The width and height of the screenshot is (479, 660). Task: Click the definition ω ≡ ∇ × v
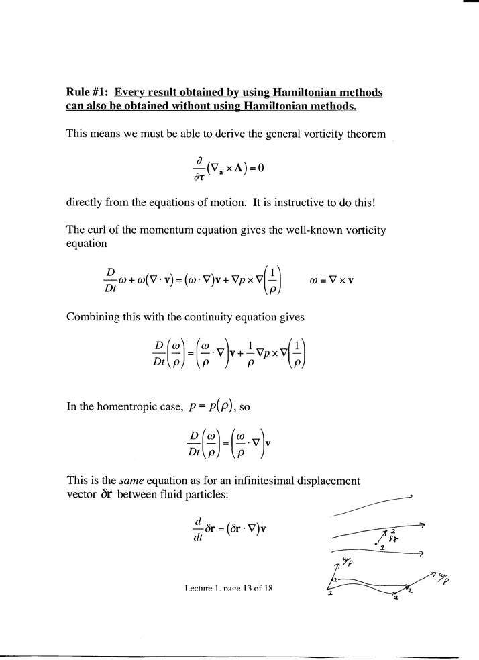[x=331, y=279]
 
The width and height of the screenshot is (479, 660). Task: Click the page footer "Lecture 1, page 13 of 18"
[x=228, y=589]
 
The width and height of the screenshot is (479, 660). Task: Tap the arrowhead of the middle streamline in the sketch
[x=421, y=526]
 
